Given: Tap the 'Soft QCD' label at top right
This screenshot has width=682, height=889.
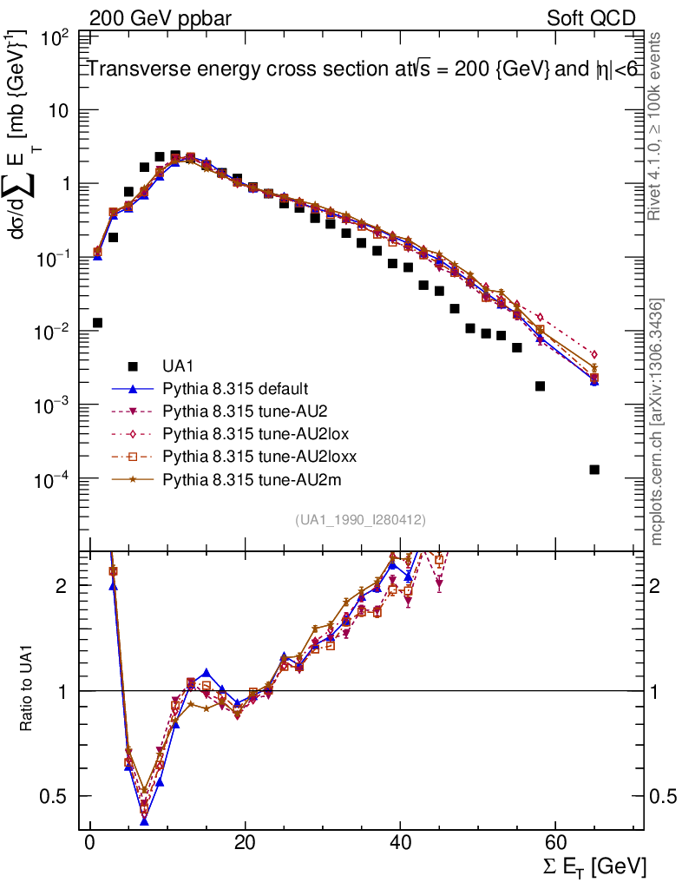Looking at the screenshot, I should [x=592, y=18].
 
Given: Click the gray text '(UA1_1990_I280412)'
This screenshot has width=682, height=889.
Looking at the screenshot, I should [x=360, y=519].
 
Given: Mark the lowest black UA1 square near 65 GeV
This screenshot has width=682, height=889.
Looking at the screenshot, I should [x=594, y=470].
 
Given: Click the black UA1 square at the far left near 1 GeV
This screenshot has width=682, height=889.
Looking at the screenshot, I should [x=97, y=323].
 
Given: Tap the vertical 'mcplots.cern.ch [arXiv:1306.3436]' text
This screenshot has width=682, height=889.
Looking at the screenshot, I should [x=657, y=422].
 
